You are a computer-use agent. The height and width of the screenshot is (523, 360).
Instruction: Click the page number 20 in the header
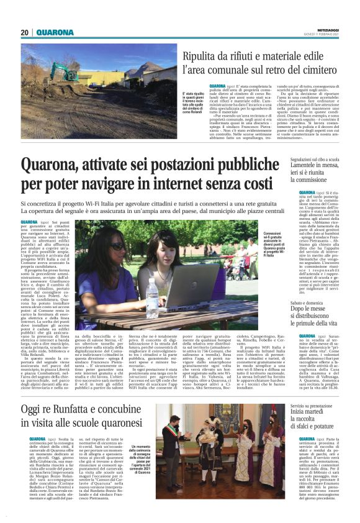point(24,32)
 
